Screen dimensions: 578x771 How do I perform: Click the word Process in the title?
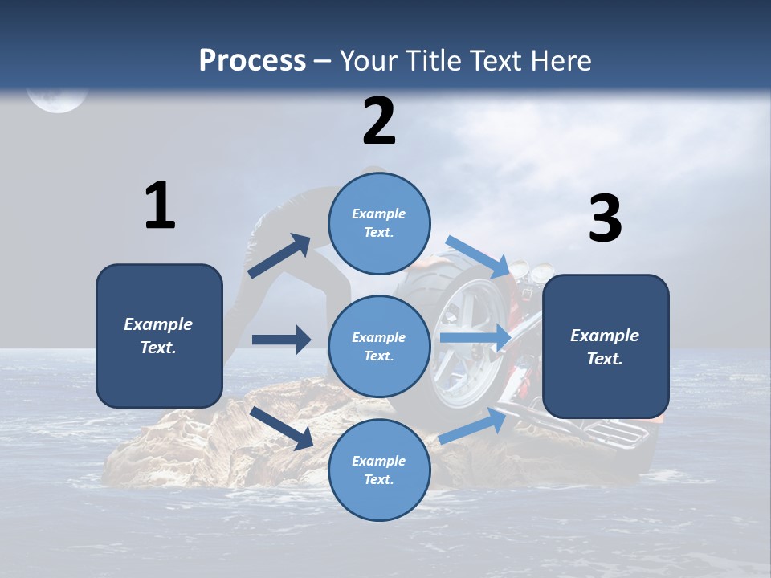coord(252,61)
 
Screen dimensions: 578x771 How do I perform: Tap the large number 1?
coord(160,206)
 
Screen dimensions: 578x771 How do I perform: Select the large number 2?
coord(379,121)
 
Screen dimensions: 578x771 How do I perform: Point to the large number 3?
coord(605,219)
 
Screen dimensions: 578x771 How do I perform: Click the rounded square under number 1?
coord(159,336)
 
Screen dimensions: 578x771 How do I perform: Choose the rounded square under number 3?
coord(606,346)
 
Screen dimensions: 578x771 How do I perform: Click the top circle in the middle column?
coord(379,222)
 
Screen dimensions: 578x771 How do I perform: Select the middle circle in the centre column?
coord(379,346)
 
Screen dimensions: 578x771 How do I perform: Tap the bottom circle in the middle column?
coord(379,470)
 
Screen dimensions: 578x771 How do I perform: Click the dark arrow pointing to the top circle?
coord(279,256)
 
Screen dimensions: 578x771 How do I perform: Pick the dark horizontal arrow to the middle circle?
coord(281,340)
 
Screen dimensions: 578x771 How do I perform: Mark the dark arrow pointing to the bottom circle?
coord(282,428)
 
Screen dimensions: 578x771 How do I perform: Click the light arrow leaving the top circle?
coord(478,256)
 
